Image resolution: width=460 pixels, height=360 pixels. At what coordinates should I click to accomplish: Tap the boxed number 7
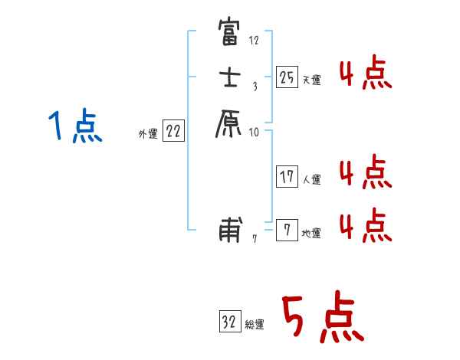click(x=287, y=230)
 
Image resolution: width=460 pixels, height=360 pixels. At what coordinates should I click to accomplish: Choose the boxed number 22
click(x=174, y=132)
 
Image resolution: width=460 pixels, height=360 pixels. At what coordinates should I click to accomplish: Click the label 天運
click(x=312, y=80)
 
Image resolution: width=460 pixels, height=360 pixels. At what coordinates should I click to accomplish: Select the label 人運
click(x=312, y=180)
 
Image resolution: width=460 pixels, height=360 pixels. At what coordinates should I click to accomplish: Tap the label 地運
click(x=312, y=234)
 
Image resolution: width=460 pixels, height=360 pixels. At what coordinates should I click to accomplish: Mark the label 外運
click(x=147, y=134)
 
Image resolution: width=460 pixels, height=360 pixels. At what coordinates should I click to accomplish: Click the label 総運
click(x=255, y=324)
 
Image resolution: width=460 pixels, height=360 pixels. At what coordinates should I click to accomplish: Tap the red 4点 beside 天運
click(x=365, y=74)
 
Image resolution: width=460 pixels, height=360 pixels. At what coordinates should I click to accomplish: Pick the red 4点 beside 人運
click(x=365, y=173)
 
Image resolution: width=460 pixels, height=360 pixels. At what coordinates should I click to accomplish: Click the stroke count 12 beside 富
click(x=255, y=40)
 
